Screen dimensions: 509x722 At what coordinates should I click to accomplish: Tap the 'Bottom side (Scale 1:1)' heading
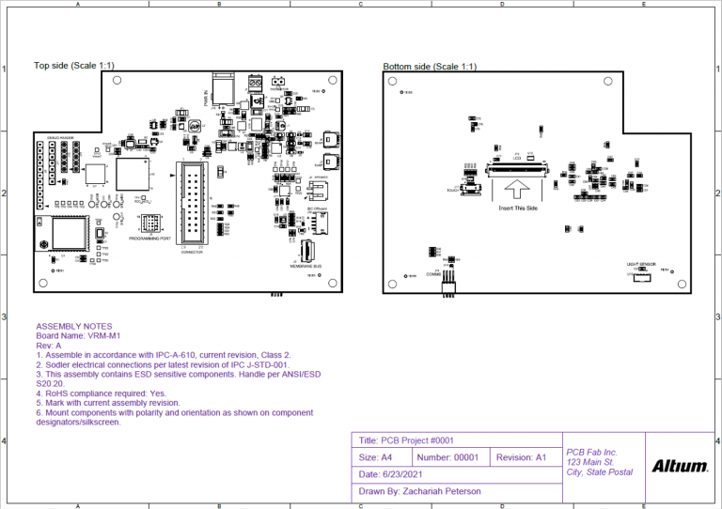point(430,67)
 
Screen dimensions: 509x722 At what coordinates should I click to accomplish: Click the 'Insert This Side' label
point(518,207)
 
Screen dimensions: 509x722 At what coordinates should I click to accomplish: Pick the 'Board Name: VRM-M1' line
point(78,336)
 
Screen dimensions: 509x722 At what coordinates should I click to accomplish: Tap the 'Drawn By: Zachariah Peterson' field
point(419,491)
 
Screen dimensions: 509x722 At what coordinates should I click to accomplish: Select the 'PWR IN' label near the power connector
point(206,96)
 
